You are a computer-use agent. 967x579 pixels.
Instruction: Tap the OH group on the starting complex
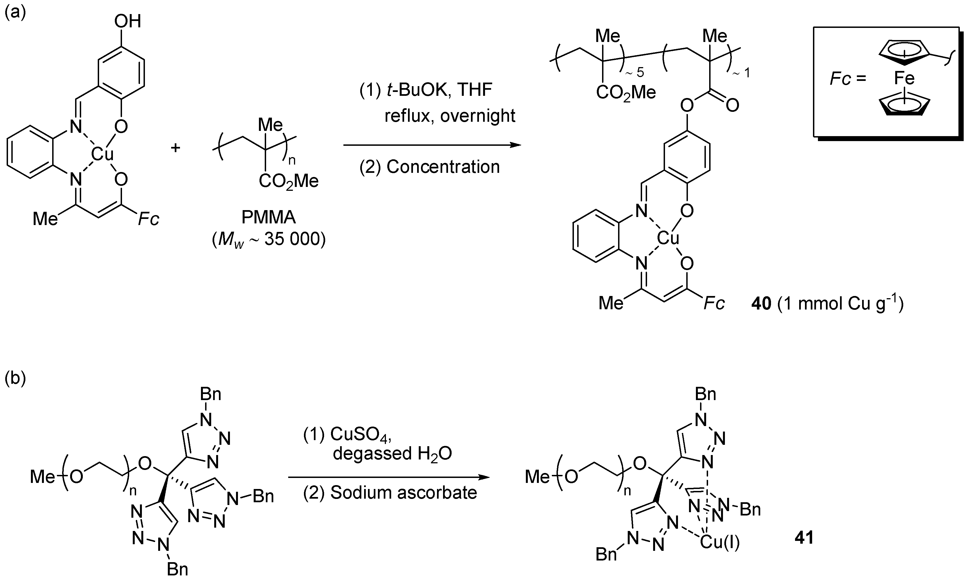(127, 22)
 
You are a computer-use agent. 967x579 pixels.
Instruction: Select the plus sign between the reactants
(176, 148)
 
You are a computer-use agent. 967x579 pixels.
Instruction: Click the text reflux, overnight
(450, 116)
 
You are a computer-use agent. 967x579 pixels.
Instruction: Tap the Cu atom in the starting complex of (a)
(102, 155)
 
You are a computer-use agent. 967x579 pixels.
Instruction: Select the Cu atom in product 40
(668, 238)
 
